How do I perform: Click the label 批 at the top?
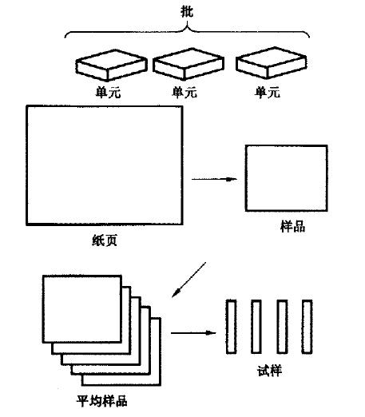tap(187, 11)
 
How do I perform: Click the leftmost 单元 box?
tap(112, 66)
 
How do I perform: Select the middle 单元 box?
tap(188, 64)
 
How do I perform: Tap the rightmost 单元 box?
tap(272, 63)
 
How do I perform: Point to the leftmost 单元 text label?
tap(108, 93)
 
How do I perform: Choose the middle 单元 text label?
tap(184, 92)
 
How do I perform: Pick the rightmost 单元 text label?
tap(268, 93)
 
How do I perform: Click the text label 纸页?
tap(105, 240)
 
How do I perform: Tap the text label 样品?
tap(292, 226)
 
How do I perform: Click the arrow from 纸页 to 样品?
tap(214, 179)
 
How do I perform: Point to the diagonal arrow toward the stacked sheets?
tap(188, 280)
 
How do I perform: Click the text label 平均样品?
tap(102, 401)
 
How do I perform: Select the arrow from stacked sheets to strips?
tap(193, 332)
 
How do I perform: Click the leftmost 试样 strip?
tap(231, 327)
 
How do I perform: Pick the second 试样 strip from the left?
tap(256, 327)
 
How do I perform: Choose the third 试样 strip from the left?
tap(282, 327)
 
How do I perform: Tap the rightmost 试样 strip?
tap(307, 327)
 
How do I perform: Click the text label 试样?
tap(269, 371)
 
